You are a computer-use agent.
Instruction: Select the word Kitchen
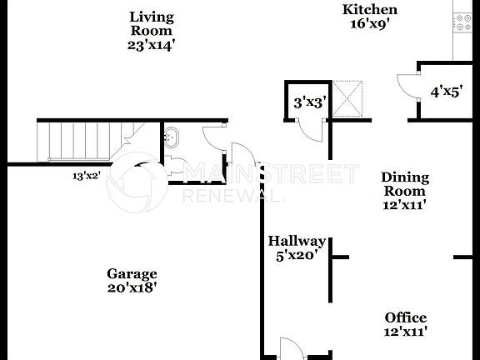tap(370, 9)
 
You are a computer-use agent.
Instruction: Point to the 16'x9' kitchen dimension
tap(370, 23)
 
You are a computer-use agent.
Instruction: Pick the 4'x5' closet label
tap(445, 92)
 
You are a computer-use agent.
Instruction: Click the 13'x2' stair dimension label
tap(86, 176)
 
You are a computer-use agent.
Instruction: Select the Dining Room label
tap(405, 184)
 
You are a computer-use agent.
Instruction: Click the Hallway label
tap(297, 241)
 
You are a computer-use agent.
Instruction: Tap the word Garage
tap(132, 273)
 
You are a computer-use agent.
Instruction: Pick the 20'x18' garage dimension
tap(132, 288)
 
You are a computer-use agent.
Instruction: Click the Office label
tap(406, 317)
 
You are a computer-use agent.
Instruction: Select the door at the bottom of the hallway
tap(290, 348)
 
